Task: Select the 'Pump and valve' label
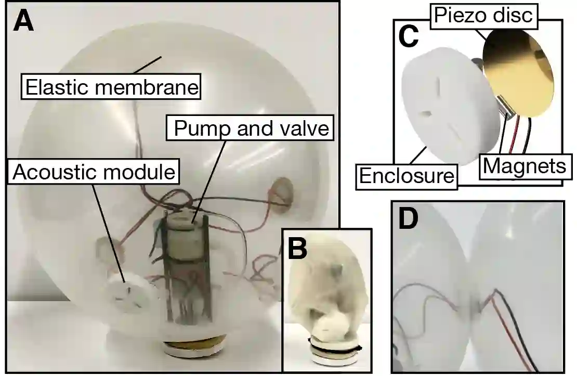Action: click(x=252, y=127)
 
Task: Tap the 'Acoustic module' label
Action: click(x=94, y=172)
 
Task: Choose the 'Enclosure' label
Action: click(x=406, y=176)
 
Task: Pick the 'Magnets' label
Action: click(x=523, y=166)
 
